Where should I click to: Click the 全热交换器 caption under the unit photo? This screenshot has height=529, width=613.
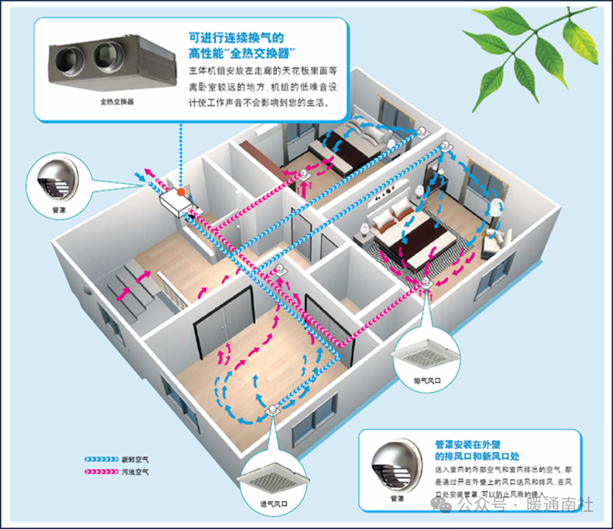[x=116, y=101]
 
